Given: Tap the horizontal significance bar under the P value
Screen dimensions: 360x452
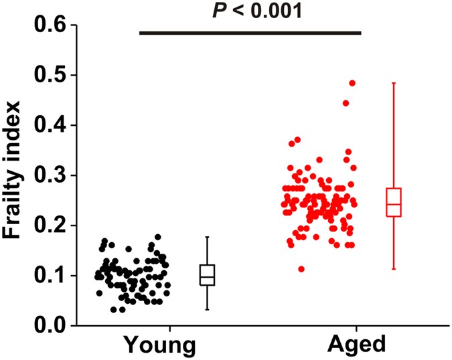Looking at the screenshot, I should coord(250,32).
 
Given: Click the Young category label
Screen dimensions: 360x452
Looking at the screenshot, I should coord(159,345).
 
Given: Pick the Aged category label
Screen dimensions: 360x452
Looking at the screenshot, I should coord(358,345).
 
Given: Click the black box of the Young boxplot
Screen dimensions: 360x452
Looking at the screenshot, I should coord(208,275).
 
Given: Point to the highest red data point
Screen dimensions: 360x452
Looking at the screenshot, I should coord(352,84).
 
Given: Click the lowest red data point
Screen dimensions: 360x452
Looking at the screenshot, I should coord(301,269).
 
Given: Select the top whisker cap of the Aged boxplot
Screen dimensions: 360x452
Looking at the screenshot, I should coord(394,83).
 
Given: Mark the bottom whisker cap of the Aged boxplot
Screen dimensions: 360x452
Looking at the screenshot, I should coord(394,269).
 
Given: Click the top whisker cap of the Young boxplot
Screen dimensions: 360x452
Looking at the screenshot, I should coord(208,237).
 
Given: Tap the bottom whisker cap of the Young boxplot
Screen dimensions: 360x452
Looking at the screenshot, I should coord(208,309).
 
